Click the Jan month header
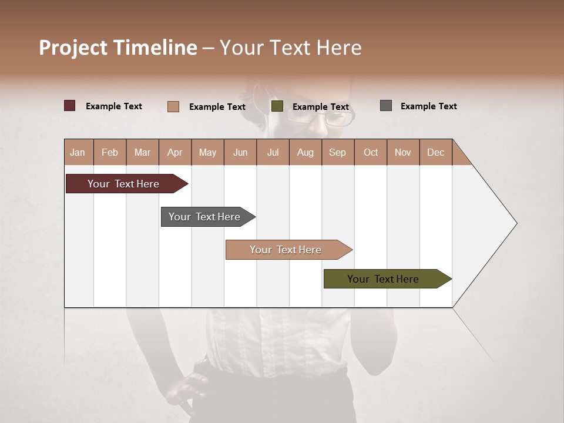pyautogui.click(x=78, y=152)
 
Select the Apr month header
pyautogui.click(x=174, y=152)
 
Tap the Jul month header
pyautogui.click(x=273, y=152)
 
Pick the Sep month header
pyautogui.click(x=337, y=152)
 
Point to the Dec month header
pyautogui.click(x=435, y=152)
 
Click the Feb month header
pyautogui.click(x=110, y=152)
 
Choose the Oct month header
pyautogui.click(x=371, y=152)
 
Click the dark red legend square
pyautogui.click(x=70, y=106)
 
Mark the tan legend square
pyautogui.click(x=173, y=106)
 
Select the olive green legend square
pyautogui.click(x=277, y=106)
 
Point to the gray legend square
pyautogui.click(x=386, y=106)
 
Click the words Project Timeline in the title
pyautogui.click(x=118, y=48)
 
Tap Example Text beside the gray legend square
pyautogui.click(x=428, y=106)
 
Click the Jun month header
pyautogui.click(x=240, y=152)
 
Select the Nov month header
pyautogui.click(x=403, y=152)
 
